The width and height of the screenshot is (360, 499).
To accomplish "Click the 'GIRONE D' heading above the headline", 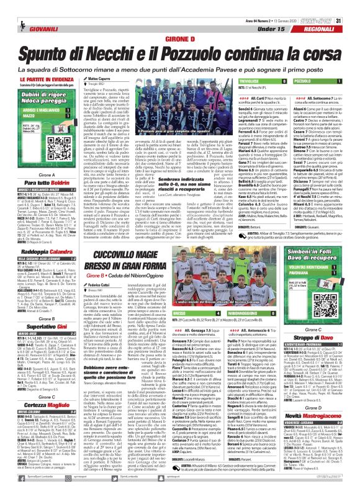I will coord(180,38).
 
